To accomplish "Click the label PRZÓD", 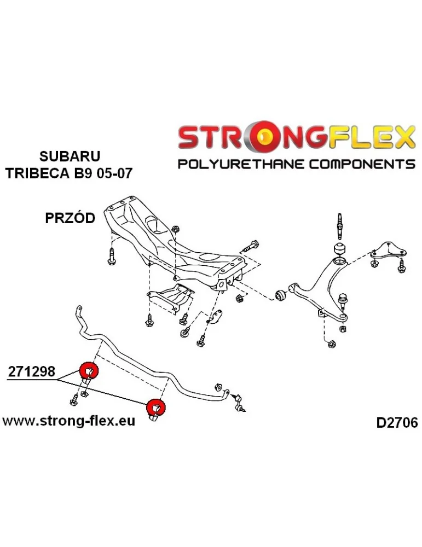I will pyautogui.click(x=70, y=218).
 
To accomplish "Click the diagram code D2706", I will pyautogui.click(x=396, y=422).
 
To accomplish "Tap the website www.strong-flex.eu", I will pyautogui.click(x=70, y=421).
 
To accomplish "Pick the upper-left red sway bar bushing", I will pyautogui.click(x=89, y=371).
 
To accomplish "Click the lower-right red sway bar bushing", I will pyautogui.click(x=157, y=408).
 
